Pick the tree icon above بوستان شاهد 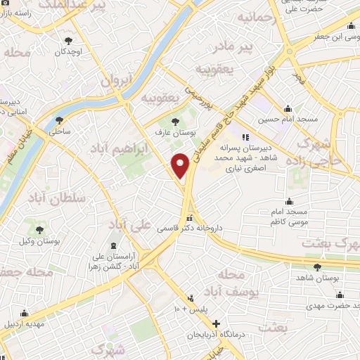[318, 266]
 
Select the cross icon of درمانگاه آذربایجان [217, 324]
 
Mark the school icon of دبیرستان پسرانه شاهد [245, 138]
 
